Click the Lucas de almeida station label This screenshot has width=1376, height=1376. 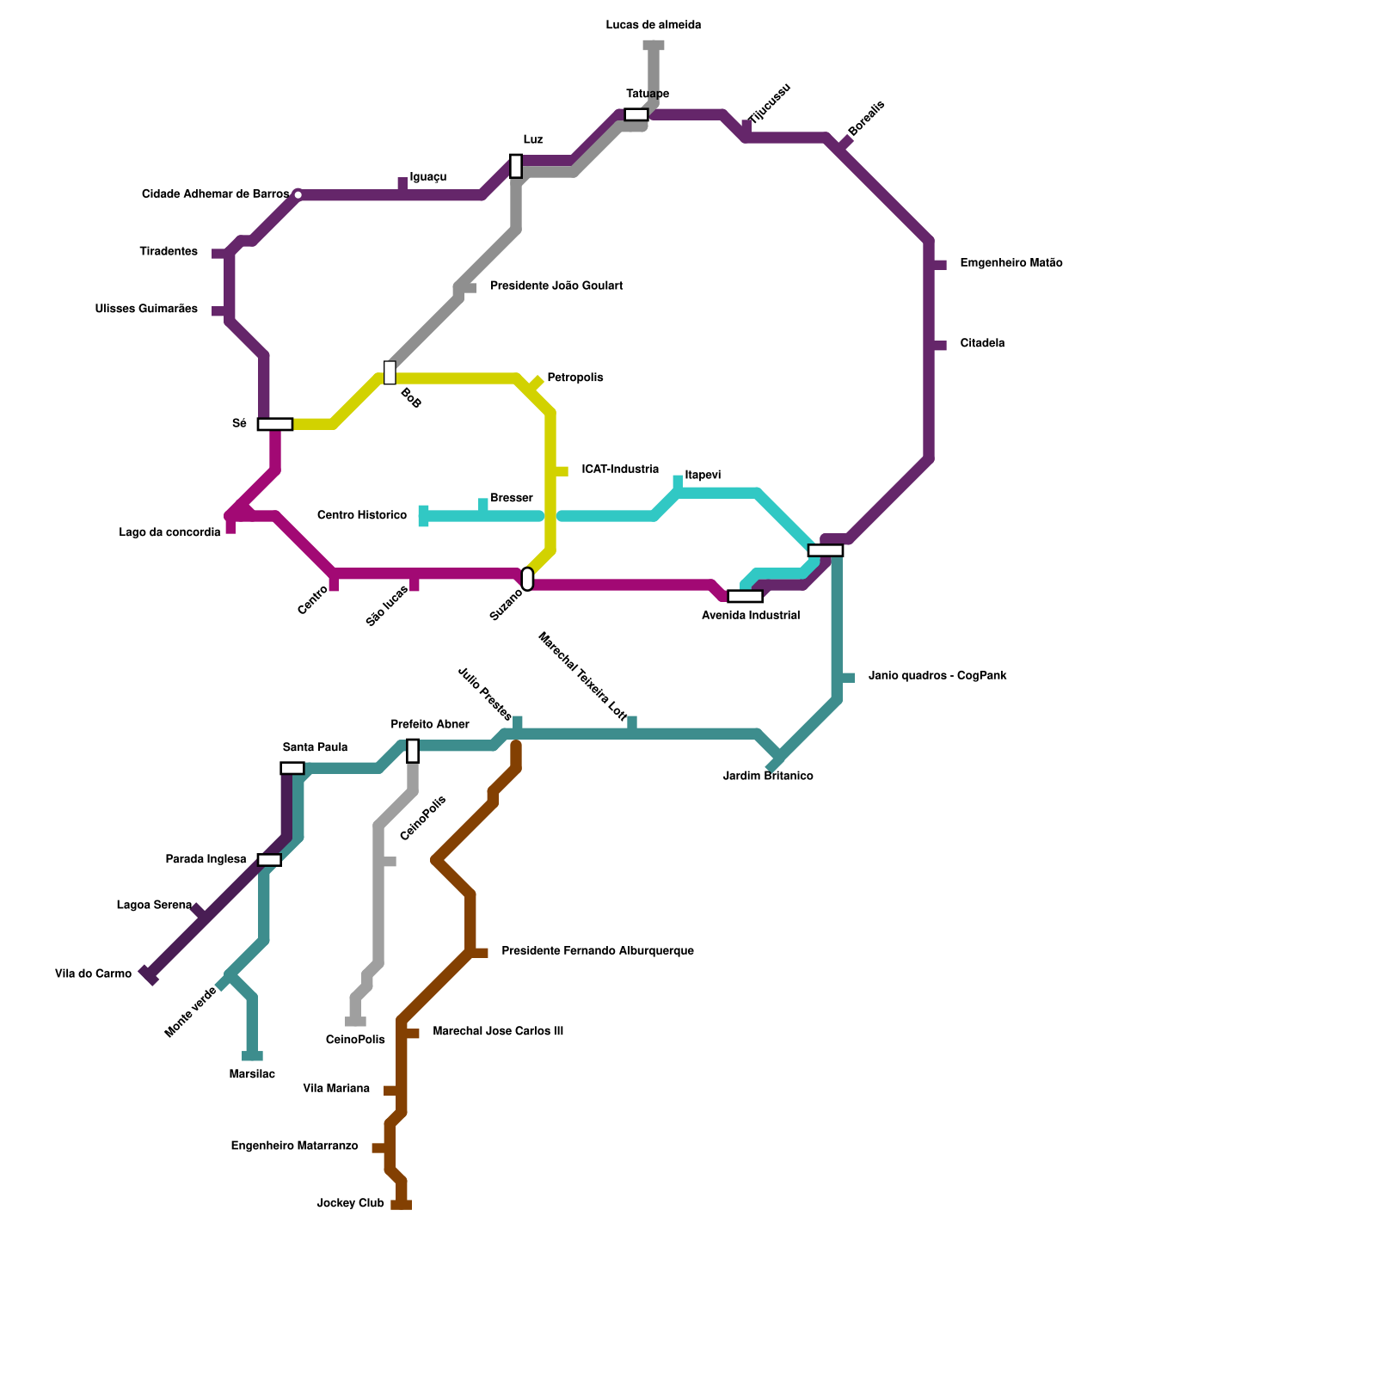653,25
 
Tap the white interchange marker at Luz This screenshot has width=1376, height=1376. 515,165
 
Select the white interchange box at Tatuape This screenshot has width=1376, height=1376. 636,115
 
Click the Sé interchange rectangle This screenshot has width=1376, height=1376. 274,424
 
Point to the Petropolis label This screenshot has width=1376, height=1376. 574,378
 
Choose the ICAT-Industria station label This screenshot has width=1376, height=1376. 620,470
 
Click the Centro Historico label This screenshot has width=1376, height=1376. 361,515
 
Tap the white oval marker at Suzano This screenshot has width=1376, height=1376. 527,579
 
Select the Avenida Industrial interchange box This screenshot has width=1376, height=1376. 745,596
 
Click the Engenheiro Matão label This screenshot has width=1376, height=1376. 1010,263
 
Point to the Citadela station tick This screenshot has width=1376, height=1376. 939,346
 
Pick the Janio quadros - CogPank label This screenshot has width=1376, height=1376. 937,676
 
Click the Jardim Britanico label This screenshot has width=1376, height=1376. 768,776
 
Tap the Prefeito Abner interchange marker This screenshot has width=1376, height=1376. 413,751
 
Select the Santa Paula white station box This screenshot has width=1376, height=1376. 292,768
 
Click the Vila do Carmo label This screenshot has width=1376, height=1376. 93,974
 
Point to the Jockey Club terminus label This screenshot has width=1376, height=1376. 350,1203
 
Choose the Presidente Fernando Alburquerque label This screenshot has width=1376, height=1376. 597,951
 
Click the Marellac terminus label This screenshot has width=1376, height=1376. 252,1074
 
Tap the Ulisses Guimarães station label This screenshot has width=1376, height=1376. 146,309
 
